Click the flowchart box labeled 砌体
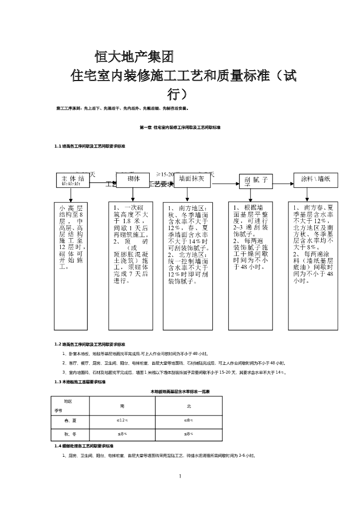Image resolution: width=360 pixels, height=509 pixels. [x=133, y=179]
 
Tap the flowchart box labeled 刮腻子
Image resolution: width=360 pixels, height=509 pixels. [x=256, y=180]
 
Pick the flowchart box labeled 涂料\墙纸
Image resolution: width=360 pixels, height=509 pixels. [x=316, y=179]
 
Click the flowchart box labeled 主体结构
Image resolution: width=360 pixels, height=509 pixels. [x=74, y=180]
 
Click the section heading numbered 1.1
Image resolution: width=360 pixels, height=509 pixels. [x=90, y=146]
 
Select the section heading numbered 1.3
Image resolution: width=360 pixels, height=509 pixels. [x=80, y=382]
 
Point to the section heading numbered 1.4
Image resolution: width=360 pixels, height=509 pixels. [x=84, y=446]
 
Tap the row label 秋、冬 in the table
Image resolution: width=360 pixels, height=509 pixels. [x=70, y=434]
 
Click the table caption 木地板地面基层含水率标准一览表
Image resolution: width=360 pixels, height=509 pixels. [x=180, y=392]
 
